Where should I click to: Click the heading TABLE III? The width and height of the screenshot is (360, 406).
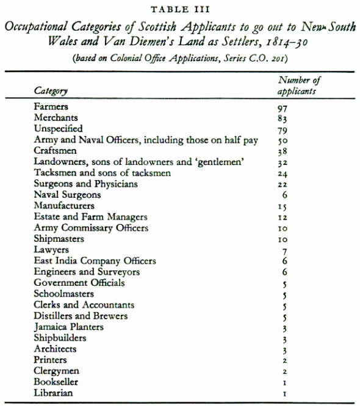coord(180,8)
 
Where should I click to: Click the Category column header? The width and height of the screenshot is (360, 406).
coord(51,90)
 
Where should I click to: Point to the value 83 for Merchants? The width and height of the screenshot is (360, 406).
coord(281,118)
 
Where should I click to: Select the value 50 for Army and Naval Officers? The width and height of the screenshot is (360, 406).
coord(281,141)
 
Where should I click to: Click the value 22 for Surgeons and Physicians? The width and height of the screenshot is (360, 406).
coord(281,185)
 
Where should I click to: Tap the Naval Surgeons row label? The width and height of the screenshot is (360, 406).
coord(67,195)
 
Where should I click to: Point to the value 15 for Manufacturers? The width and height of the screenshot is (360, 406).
coord(281,207)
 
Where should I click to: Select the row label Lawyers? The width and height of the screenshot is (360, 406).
coord(52,250)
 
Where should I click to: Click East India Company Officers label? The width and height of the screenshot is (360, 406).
coord(95,261)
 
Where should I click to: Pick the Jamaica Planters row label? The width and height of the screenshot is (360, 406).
coord(69,327)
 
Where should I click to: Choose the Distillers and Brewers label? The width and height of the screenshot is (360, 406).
coord(81,316)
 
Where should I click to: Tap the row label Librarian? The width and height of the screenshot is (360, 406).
coord(54,393)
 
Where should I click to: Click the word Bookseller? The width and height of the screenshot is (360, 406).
coord(56,382)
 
